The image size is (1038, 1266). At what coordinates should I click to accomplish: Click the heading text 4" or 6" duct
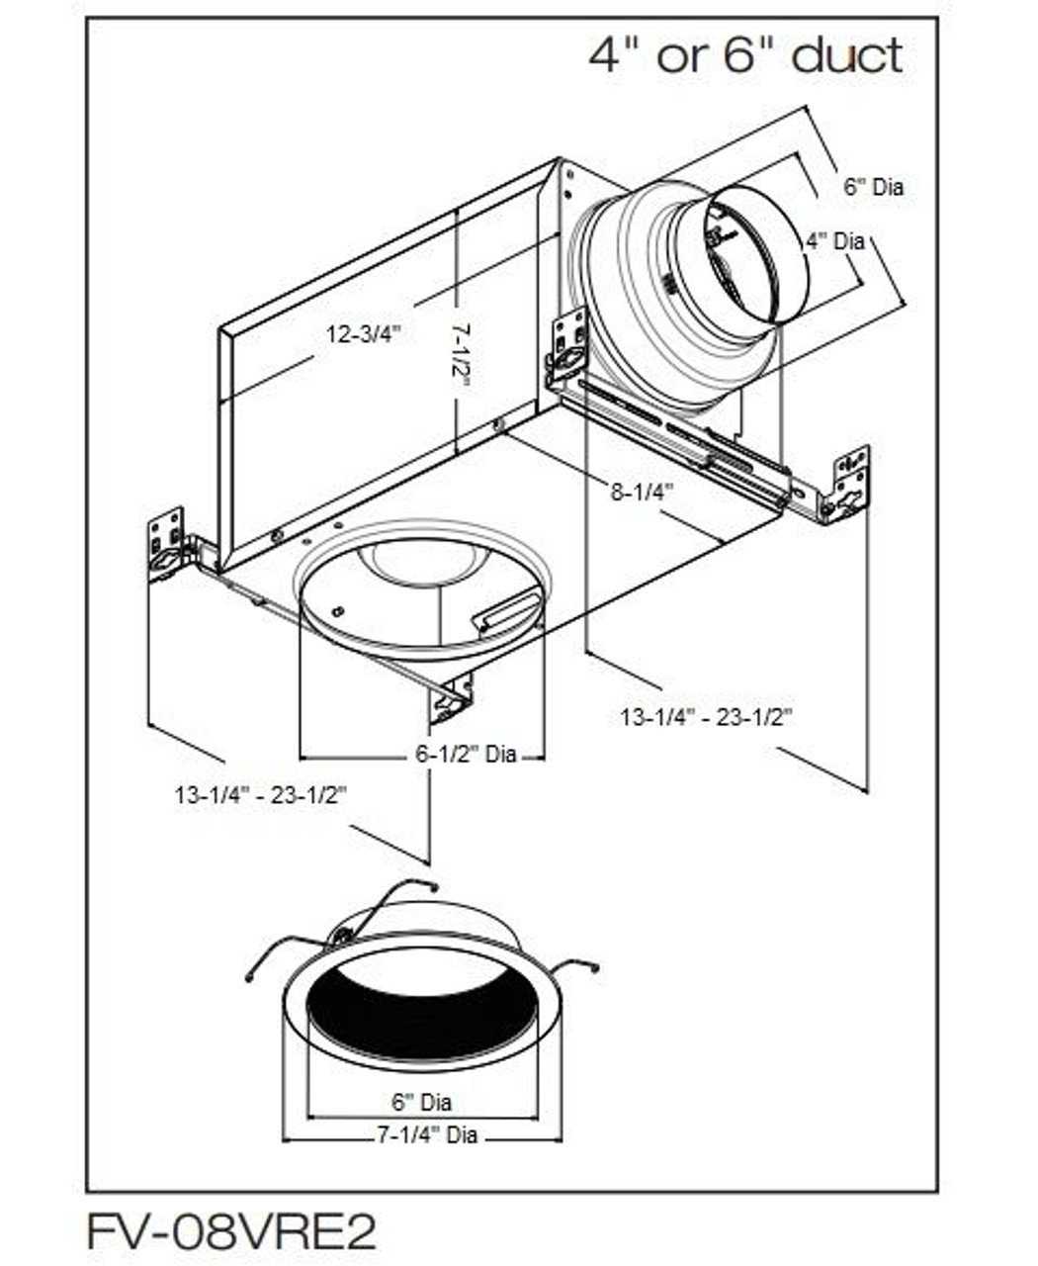click(745, 55)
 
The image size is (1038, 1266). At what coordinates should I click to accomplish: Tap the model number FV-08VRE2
click(232, 1232)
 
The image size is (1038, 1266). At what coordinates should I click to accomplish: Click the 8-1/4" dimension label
click(641, 490)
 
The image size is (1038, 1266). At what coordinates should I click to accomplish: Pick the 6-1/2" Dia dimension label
click(465, 755)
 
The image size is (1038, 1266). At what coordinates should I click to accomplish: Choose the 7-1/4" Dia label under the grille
click(426, 1134)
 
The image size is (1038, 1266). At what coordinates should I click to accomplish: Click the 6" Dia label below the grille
click(421, 1101)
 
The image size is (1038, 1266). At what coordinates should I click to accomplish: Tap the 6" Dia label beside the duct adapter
click(873, 186)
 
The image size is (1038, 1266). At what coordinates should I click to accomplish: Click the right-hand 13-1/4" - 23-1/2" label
click(707, 717)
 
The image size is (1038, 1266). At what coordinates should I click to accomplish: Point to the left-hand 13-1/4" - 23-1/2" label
click(261, 794)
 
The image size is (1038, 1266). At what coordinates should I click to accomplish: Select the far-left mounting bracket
click(166, 545)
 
